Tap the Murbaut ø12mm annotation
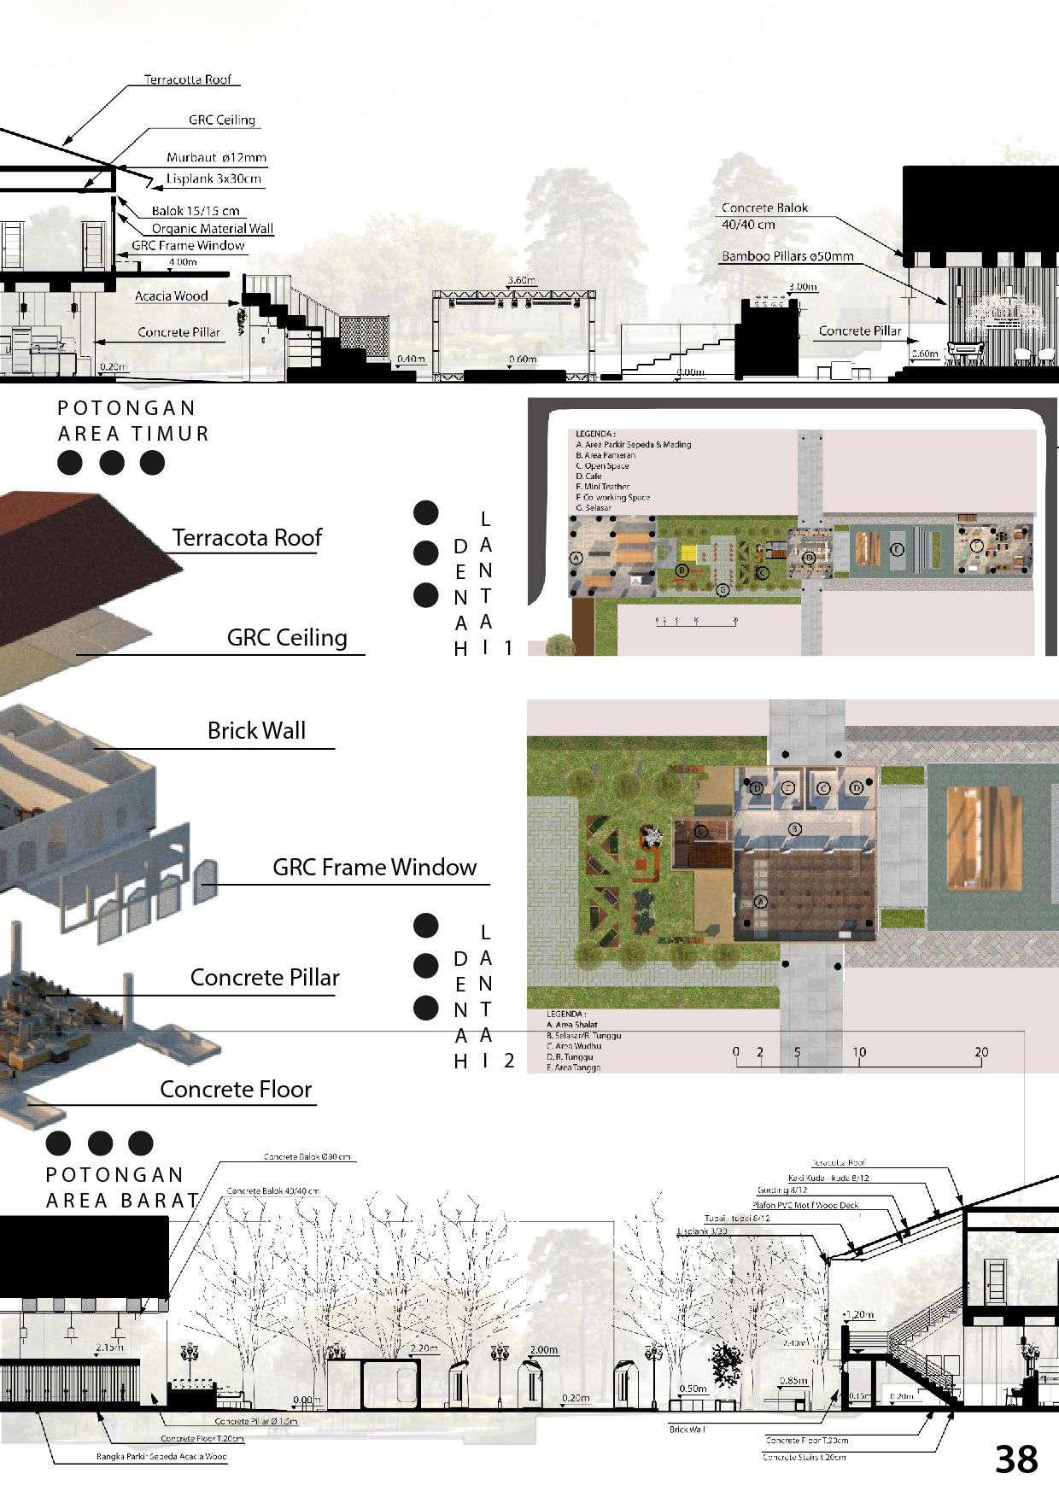(216, 157)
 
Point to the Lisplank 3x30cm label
(214, 179)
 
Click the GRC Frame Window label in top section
(188, 246)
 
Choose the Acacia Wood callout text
(172, 296)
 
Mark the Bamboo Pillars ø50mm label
(787, 255)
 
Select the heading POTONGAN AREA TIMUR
(133, 421)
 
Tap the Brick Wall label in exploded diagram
(256, 731)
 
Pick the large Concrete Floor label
(236, 1090)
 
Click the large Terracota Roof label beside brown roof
(247, 538)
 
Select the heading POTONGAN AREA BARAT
(121, 1188)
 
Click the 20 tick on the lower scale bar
(981, 1052)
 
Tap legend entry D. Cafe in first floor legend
(589, 476)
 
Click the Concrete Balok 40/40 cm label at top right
(764, 216)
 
